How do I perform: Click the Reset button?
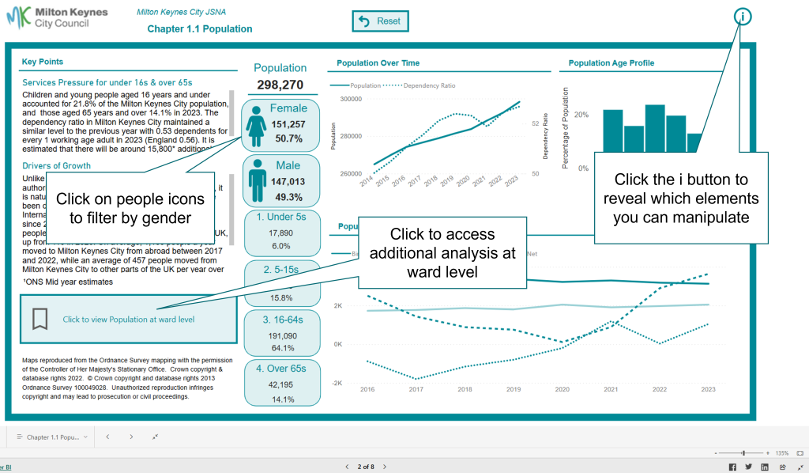click(x=380, y=21)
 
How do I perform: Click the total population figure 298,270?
click(x=280, y=85)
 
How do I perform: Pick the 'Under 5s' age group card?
click(x=281, y=230)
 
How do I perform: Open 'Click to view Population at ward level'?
click(x=129, y=320)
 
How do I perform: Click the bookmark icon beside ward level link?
click(x=40, y=319)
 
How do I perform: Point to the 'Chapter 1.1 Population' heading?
click(x=200, y=29)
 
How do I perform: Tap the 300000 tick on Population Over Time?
click(x=350, y=99)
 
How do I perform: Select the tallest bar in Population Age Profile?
click(x=655, y=127)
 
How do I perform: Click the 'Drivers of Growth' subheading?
click(x=57, y=166)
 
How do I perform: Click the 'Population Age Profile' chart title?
click(x=611, y=63)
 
